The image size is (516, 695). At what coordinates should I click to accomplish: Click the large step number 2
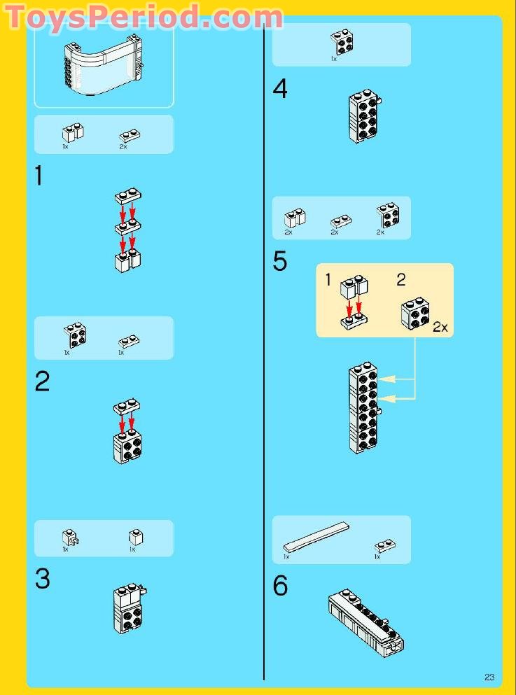click(x=43, y=381)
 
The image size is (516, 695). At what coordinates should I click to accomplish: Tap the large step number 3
click(x=43, y=579)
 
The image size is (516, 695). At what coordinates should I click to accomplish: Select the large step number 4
click(x=280, y=90)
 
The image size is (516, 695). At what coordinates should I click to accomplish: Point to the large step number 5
click(x=280, y=262)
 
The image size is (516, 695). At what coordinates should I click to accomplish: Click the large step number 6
click(x=280, y=586)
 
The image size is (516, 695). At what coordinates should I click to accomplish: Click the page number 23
click(x=489, y=676)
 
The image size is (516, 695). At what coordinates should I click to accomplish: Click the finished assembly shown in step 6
click(x=365, y=619)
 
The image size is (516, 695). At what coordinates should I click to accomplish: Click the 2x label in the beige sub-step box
click(x=440, y=327)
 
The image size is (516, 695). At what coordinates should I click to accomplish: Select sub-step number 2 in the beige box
click(x=400, y=280)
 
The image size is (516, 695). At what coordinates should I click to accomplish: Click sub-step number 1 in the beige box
click(x=328, y=280)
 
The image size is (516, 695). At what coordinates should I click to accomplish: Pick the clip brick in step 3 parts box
click(x=69, y=537)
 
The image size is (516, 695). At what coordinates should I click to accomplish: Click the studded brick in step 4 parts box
click(x=342, y=41)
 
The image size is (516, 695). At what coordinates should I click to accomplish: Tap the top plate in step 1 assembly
click(x=129, y=196)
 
